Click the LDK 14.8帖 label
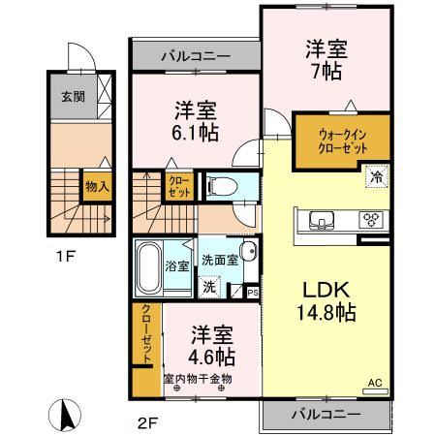pos(323,300)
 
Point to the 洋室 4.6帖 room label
pos(211,345)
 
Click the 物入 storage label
pos(95,182)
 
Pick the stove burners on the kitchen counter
pos(370,218)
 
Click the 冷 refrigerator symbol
pos(374,177)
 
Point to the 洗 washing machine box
pos(209,286)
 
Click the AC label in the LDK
pos(374,384)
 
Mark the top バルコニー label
pos(195,56)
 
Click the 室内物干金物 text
pos(198,379)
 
